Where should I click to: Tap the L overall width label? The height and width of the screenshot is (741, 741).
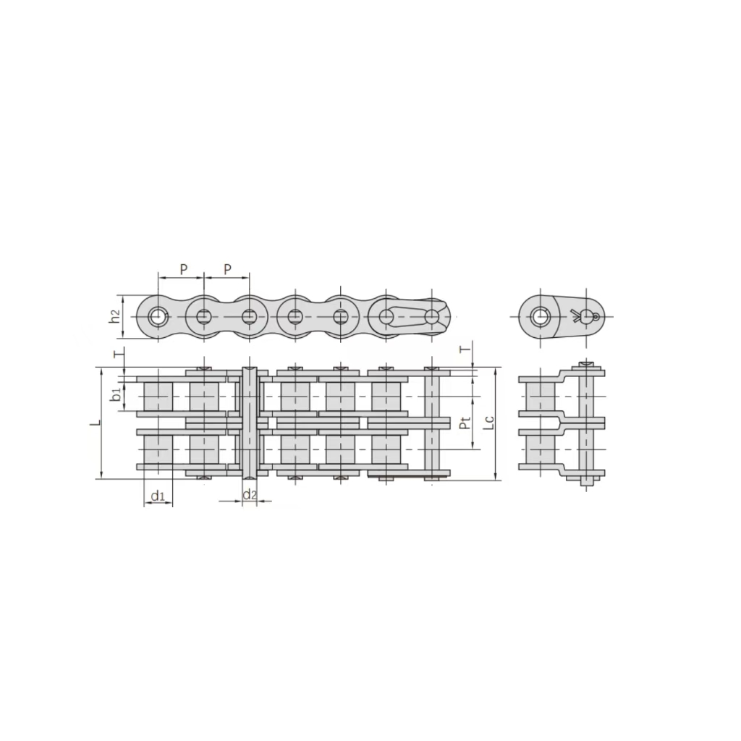(96, 422)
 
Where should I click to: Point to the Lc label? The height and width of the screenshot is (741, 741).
(490, 422)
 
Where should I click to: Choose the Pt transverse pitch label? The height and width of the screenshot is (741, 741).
(465, 423)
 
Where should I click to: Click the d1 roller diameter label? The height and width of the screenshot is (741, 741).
(158, 496)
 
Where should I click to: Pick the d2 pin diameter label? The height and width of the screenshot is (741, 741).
(250, 494)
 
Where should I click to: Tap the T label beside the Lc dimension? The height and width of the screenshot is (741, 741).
(465, 350)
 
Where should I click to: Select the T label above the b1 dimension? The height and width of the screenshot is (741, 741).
(119, 352)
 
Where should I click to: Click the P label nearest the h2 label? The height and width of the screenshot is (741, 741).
(184, 269)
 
